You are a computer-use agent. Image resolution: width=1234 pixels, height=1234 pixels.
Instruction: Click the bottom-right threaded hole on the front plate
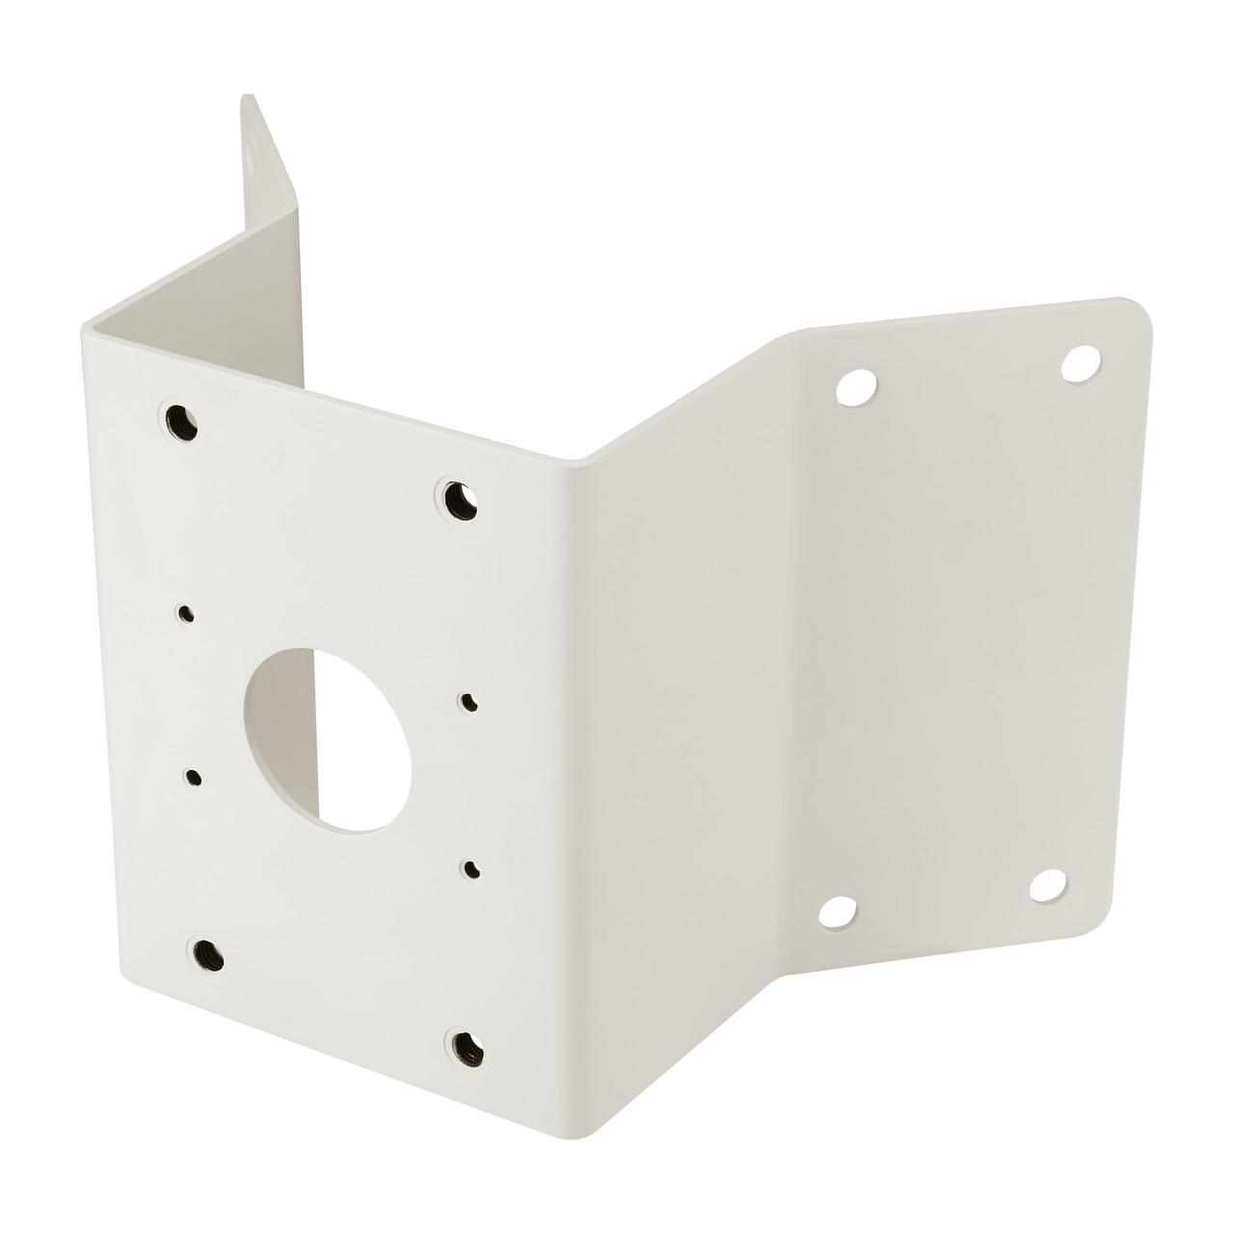tap(464, 1043)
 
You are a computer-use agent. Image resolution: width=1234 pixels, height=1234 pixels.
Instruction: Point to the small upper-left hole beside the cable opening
tap(184, 612)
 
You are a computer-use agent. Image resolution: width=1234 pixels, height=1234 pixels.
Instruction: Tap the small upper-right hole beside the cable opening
tap(469, 703)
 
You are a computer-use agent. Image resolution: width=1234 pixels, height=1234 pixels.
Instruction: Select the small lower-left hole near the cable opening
tap(194, 777)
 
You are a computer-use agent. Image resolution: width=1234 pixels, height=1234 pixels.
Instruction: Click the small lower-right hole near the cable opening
tap(470, 870)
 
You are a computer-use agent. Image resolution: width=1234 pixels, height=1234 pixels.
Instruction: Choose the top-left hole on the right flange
tap(853, 389)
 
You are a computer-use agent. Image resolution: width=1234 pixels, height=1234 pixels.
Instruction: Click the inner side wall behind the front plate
tap(280, 318)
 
